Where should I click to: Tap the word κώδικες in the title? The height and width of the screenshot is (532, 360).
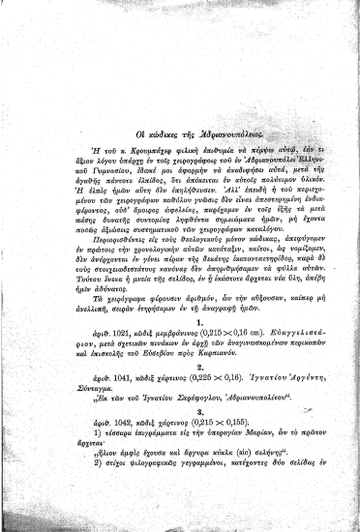(136, 80)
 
